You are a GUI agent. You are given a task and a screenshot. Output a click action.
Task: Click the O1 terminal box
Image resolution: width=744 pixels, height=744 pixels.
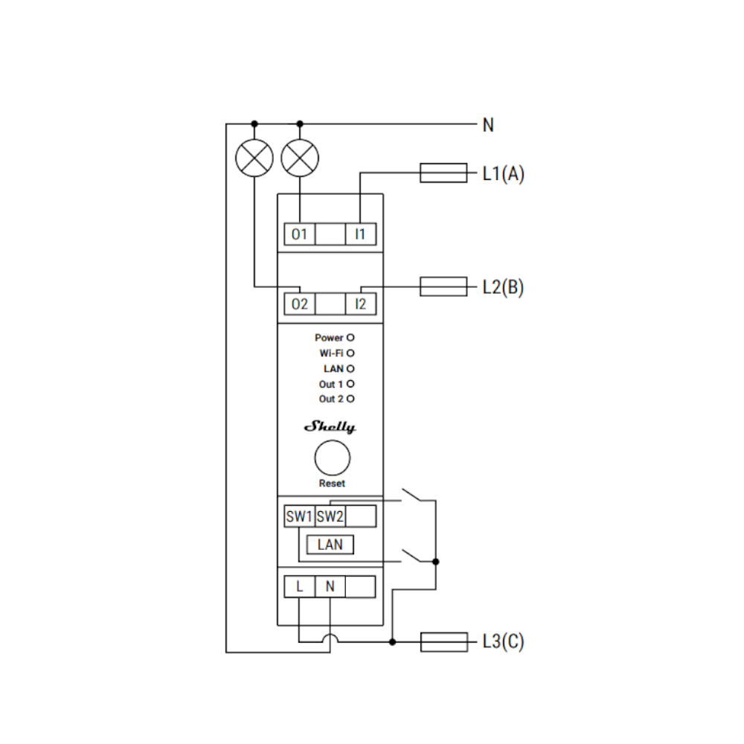[300, 234]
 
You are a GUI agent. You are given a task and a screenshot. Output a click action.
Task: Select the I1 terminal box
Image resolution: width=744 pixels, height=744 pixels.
[361, 234]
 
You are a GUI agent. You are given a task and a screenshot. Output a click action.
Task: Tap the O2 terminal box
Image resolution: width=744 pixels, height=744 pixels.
[300, 304]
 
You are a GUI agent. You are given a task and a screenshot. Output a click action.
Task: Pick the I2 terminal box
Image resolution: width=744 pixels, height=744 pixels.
[361, 304]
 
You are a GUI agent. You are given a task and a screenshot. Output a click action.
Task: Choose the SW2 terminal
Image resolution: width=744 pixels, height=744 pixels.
[330, 516]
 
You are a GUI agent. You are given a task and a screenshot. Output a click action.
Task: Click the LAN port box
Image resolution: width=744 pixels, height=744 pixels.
[330, 545]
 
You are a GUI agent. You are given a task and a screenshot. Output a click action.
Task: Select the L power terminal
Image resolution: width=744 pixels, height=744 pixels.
[300, 587]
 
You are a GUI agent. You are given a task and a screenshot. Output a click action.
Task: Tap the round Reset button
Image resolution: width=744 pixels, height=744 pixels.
[332, 458]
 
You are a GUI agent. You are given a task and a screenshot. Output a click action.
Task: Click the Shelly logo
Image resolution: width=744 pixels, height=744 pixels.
[330, 427]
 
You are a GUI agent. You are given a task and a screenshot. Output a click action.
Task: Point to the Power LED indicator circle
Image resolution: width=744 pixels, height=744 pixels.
[350, 338]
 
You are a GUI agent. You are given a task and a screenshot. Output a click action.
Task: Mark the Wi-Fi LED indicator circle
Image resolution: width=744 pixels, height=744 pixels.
[350, 353]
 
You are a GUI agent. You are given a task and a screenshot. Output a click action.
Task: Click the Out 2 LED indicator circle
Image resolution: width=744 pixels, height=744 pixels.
[350, 400]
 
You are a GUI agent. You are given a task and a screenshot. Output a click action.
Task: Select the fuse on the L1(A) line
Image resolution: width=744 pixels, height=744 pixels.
[443, 174]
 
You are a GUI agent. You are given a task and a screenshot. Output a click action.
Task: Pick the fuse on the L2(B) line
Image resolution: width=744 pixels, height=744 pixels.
[443, 286]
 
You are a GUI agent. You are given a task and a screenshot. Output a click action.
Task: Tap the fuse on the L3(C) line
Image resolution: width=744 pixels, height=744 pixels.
[443, 642]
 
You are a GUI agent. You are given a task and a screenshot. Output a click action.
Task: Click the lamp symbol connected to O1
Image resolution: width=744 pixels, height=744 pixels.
[300, 157]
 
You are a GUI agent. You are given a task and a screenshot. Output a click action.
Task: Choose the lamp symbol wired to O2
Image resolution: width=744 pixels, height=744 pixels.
[254, 157]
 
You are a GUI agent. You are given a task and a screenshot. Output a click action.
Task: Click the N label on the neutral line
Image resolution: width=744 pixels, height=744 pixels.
[488, 125]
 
